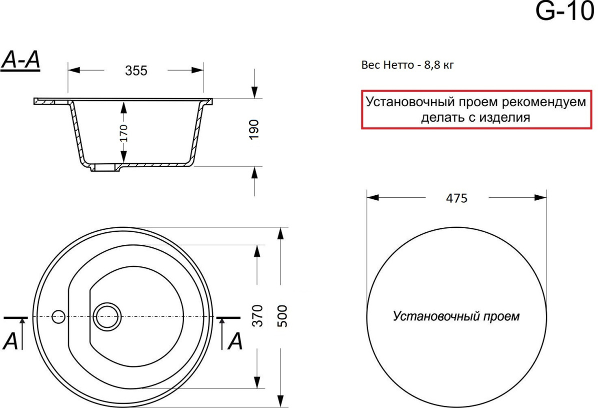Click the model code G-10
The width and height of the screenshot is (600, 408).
point(564,12)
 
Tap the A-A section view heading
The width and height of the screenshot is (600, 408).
point(20,61)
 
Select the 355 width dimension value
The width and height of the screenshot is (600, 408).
point(136,71)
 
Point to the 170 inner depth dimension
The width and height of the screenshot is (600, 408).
point(123,133)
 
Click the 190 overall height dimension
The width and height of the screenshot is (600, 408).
point(253,130)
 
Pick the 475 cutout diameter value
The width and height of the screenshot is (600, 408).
point(456,198)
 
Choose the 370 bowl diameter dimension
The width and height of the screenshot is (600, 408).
point(257,316)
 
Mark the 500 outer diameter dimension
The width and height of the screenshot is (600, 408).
point(282,316)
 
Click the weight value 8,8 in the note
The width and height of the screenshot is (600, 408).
point(431,65)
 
